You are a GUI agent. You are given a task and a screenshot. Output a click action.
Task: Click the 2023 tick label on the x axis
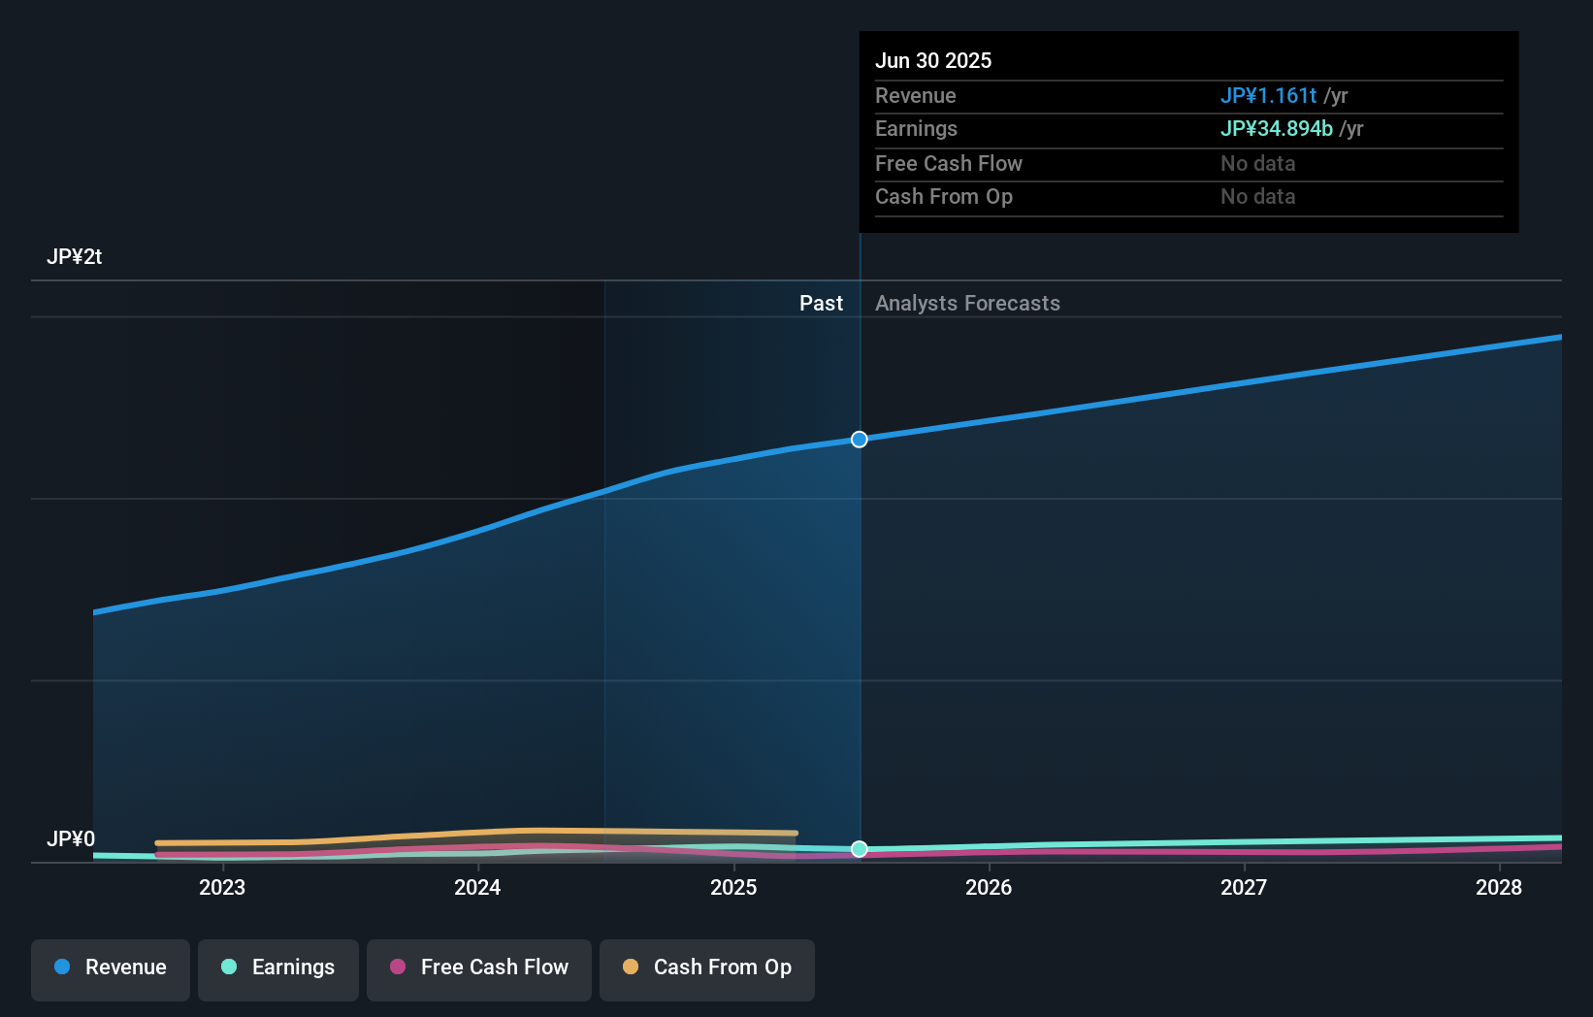pos(222,887)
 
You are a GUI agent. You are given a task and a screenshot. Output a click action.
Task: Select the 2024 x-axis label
pos(477,887)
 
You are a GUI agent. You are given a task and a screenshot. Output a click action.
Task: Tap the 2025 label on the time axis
pos(733,887)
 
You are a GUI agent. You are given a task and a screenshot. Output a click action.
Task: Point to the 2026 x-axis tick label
pos(989,887)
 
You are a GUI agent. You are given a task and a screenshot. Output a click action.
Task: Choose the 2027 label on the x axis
pos(1244,887)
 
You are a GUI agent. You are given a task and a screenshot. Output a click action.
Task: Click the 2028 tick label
pos(1499,887)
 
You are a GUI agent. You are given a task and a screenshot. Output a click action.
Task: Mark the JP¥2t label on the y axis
pos(74,257)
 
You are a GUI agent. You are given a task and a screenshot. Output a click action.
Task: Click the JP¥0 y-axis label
pos(71,838)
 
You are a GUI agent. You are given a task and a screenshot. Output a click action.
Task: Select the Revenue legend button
pos(111,968)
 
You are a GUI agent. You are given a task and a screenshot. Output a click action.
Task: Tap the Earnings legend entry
pos(278,968)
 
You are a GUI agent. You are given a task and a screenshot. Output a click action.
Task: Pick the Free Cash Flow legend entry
pos(479,968)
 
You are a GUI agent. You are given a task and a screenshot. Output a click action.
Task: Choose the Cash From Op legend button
pos(707,968)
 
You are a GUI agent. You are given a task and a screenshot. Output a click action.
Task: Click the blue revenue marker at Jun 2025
pos(860,440)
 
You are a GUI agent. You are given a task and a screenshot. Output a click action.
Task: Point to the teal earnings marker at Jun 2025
pos(860,849)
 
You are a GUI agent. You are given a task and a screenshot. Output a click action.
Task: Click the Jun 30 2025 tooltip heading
pos(933,61)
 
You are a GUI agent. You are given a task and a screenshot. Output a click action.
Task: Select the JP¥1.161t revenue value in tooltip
pos(1268,96)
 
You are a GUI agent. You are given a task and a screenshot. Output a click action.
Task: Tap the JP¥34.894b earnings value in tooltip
pos(1276,129)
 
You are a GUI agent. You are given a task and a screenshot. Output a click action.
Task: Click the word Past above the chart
pos(821,304)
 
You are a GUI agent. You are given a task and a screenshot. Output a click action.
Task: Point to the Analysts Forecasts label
pos(967,304)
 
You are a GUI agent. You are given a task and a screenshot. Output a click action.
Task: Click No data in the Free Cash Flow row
pos(1257,164)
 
